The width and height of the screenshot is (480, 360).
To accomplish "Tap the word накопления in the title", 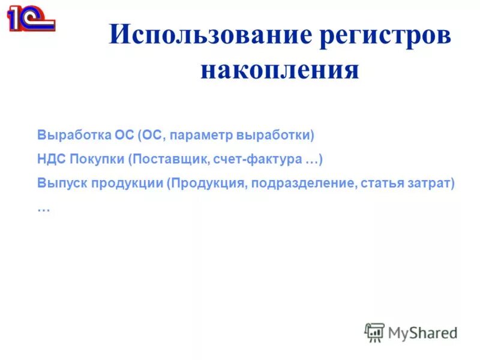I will pyautogui.click(x=280, y=71).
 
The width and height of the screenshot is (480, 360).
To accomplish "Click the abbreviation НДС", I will pyautogui.click(x=51, y=159).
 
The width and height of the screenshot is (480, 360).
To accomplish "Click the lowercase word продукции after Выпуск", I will pyautogui.click(x=127, y=183).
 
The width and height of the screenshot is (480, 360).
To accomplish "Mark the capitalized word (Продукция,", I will pyautogui.click(x=207, y=183).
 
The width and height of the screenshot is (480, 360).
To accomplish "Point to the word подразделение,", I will pyautogui.click(x=303, y=183).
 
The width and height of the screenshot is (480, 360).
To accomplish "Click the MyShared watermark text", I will pyautogui.click(x=422, y=332).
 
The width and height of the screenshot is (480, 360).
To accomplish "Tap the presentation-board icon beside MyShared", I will pyautogui.click(x=374, y=332).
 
